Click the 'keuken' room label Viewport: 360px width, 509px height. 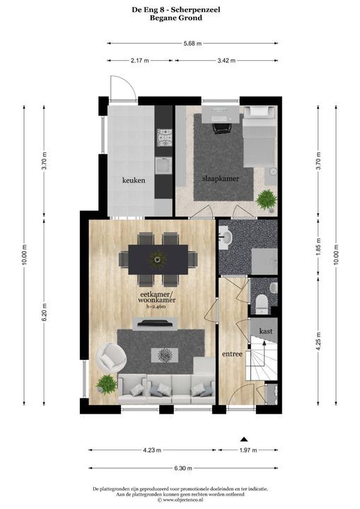click(x=134, y=180)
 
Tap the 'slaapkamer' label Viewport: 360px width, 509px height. click(x=221, y=179)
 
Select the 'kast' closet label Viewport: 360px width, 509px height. click(x=266, y=332)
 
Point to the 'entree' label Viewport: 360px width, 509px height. click(x=232, y=354)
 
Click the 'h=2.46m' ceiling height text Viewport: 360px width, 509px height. click(x=156, y=306)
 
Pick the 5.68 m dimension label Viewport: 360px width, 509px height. click(x=192, y=43)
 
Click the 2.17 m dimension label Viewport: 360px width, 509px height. click(x=140, y=60)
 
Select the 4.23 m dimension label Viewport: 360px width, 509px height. click(x=152, y=450)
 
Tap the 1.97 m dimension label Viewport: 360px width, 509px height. click(x=248, y=450)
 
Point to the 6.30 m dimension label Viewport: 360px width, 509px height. click(x=183, y=468)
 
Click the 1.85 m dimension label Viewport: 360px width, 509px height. click(x=318, y=247)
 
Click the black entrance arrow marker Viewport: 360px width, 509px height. click(x=244, y=440)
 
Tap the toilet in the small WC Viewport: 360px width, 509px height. click(x=261, y=304)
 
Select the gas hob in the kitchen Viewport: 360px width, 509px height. click(x=164, y=138)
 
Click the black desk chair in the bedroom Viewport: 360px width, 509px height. click(x=222, y=128)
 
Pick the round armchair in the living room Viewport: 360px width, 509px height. click(x=111, y=357)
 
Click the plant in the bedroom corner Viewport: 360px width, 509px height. click(x=267, y=199)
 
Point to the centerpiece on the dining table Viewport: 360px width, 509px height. click(x=158, y=259)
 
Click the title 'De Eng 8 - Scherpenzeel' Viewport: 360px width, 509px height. click(x=176, y=10)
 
